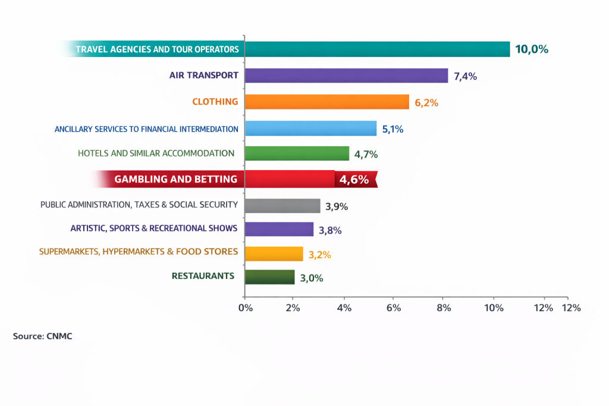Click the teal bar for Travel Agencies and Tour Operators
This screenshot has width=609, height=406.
click(377, 49)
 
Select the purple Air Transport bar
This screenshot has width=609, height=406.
click(346, 75)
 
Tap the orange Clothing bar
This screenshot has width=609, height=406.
click(327, 102)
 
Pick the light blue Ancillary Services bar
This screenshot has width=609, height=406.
click(310, 128)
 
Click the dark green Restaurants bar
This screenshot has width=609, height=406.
click(269, 277)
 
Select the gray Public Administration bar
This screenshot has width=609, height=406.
click(282, 206)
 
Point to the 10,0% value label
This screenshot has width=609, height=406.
click(531, 49)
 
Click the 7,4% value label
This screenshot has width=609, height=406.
click(465, 76)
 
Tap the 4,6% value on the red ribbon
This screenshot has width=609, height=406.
click(354, 180)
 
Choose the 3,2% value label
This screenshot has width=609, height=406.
click(319, 255)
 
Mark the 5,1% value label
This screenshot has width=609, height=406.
click(391, 129)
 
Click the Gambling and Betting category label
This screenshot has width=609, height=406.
click(175, 179)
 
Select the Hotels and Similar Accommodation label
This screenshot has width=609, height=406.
click(156, 153)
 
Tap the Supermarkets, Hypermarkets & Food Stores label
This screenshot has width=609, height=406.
click(139, 251)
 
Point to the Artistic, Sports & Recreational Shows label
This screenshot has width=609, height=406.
click(153, 228)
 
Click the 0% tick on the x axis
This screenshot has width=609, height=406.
click(245, 308)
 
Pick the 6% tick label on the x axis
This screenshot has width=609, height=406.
click(394, 308)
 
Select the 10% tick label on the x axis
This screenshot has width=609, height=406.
click(493, 308)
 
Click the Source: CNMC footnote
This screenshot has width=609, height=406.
click(42, 336)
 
